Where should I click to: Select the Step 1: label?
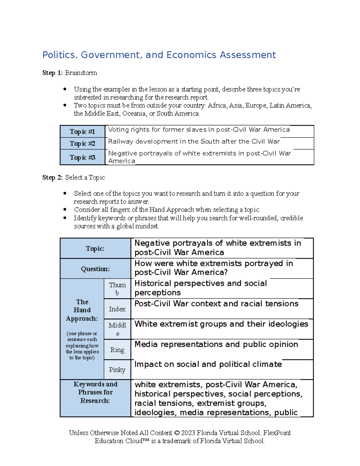[52, 73]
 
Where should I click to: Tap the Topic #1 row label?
[82, 132]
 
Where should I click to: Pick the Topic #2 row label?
[82, 144]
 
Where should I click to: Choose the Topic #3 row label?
[82, 158]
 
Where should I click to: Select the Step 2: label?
[52, 178]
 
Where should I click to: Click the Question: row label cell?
[95, 269]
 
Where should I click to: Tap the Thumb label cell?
[117, 289]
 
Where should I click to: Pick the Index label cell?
[117, 309]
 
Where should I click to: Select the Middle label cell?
[117, 329]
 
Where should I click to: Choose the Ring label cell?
[117, 350]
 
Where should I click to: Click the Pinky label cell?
[117, 370]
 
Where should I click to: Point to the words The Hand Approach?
[82, 310]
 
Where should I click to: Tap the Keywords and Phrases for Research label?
[95, 392]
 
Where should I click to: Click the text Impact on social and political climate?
[208, 364]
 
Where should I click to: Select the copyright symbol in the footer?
[177, 433]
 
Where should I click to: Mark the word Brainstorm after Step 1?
[81, 73]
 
